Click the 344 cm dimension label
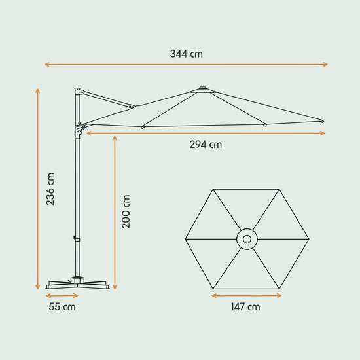click(186, 54)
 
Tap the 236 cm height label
click(50, 190)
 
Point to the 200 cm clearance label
click(126, 211)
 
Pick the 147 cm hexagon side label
click(246, 306)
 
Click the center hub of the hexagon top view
click(247, 240)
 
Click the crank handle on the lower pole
click(75, 240)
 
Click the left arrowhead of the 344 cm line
click(46, 64)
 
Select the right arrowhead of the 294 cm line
click(323, 134)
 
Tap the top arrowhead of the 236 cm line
click(38, 90)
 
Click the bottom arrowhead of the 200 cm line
click(115, 288)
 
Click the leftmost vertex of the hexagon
click(185, 240)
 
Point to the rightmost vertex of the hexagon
click(308, 240)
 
